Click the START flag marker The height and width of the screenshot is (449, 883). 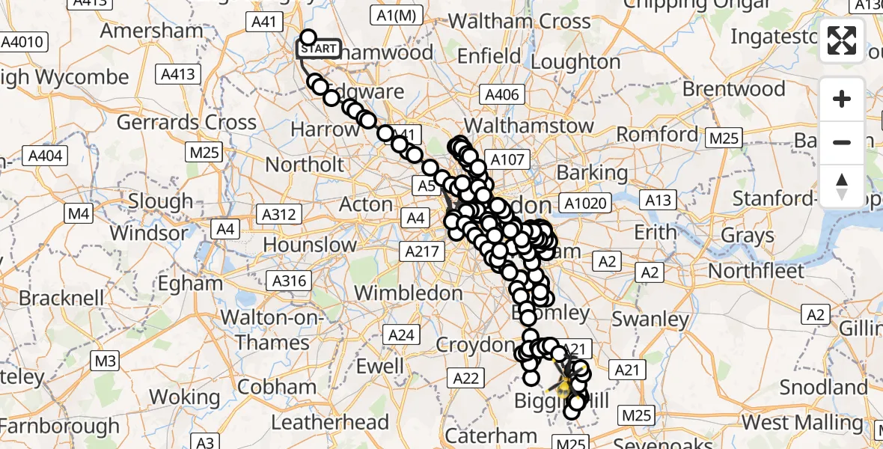click(319, 49)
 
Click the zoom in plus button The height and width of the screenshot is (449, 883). click(843, 99)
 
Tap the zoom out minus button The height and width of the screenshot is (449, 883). click(843, 142)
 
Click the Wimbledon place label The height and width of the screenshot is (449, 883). click(408, 292)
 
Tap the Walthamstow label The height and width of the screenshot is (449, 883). click(529, 126)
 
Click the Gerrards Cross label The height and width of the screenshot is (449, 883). click(187, 122)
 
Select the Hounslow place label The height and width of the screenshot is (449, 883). click(311, 245)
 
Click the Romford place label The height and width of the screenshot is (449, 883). click(658, 135)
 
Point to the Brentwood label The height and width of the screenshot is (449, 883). click(734, 89)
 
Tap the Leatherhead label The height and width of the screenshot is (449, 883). click(329, 422)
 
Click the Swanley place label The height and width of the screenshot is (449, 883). click(650, 319)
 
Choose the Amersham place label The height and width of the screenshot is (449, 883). click(152, 31)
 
